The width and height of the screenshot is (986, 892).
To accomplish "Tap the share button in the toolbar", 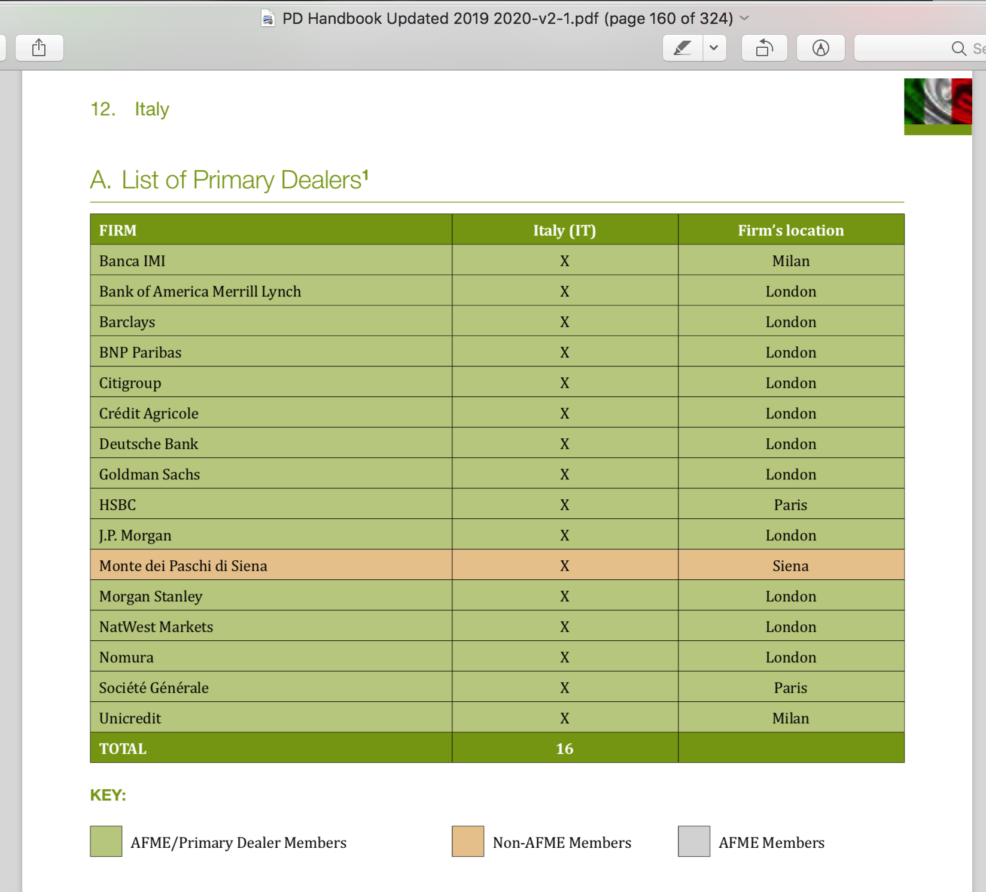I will [39, 48].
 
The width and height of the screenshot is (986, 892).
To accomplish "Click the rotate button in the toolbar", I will [764, 48].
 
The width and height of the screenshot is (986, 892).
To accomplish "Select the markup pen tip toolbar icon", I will [820, 48].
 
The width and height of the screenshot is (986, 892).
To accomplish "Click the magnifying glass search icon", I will [958, 48].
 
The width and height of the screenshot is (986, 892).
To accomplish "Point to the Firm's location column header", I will [790, 230].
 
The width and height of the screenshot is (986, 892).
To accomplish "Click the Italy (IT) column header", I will [564, 230].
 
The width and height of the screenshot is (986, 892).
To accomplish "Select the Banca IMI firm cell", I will [132, 261].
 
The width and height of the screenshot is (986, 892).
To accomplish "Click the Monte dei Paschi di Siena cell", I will [183, 566].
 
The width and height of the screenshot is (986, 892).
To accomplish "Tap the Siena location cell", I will [790, 566].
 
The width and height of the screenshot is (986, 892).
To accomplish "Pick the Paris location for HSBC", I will [790, 505].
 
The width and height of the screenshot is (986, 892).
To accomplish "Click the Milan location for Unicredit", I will [790, 718].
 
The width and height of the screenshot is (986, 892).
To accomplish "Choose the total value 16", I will [564, 749].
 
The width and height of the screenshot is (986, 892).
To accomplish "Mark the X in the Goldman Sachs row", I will [564, 474].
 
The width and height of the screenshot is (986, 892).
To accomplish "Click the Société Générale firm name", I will [154, 688].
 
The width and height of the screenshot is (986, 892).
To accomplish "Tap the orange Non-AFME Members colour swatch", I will [468, 841].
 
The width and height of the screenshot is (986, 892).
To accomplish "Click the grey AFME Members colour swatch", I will [694, 841].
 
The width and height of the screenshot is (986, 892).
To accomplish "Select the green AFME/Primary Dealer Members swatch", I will [106, 841].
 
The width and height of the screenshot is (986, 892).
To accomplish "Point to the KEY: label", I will [108, 795].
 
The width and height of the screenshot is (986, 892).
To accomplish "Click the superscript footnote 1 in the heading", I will [366, 174].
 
